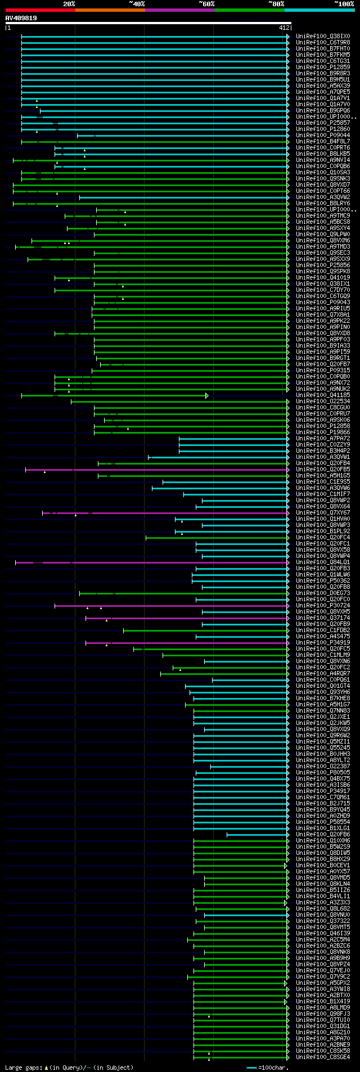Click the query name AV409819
[x=21, y=18]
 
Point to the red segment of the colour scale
[x=40, y=10]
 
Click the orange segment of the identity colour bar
[x=110, y=10]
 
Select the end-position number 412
[x=283, y=28]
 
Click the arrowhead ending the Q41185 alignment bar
[x=207, y=395]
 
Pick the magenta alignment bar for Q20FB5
[x=157, y=470]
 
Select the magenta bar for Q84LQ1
[x=152, y=562]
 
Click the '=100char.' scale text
[x=273, y=1068]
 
